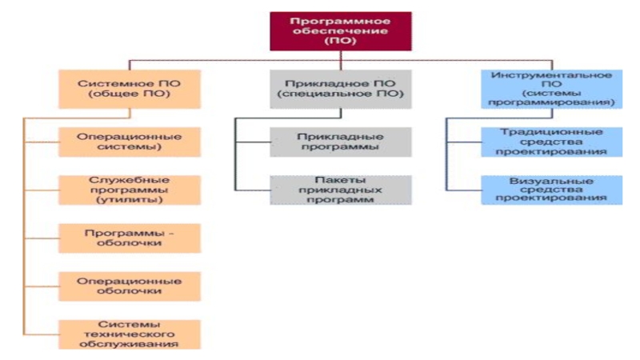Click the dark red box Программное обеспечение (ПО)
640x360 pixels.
(340, 31)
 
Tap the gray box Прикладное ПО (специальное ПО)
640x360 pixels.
(341, 89)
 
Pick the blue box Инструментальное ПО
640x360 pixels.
(553, 89)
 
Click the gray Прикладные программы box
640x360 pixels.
(341, 142)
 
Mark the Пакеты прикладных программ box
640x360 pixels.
(341, 190)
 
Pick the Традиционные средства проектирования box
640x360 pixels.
(553, 142)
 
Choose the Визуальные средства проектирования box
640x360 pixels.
(553, 190)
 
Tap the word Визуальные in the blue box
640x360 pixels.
(553, 180)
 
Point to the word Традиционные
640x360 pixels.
(553, 132)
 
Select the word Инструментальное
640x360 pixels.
(553, 75)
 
